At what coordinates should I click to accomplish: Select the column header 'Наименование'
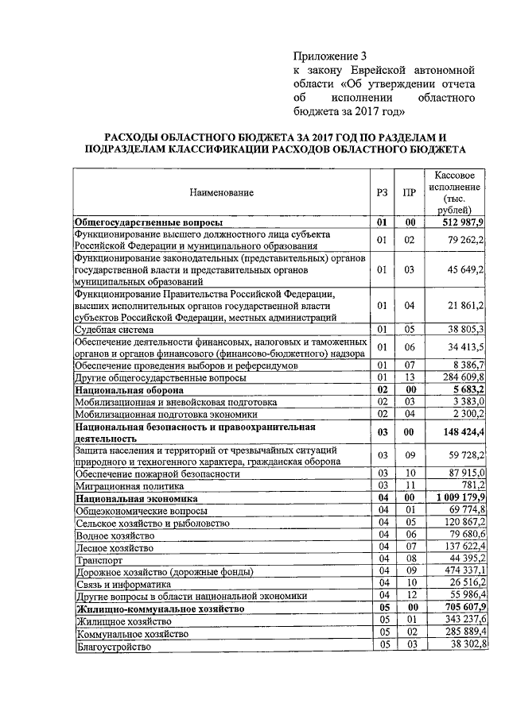(x=221, y=192)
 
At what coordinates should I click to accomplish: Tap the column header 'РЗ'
(x=383, y=192)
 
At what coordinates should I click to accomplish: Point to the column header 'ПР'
(x=410, y=192)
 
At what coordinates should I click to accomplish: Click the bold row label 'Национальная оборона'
(x=129, y=390)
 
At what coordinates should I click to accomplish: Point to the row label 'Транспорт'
(x=97, y=560)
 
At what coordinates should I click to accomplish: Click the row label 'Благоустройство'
(x=113, y=647)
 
